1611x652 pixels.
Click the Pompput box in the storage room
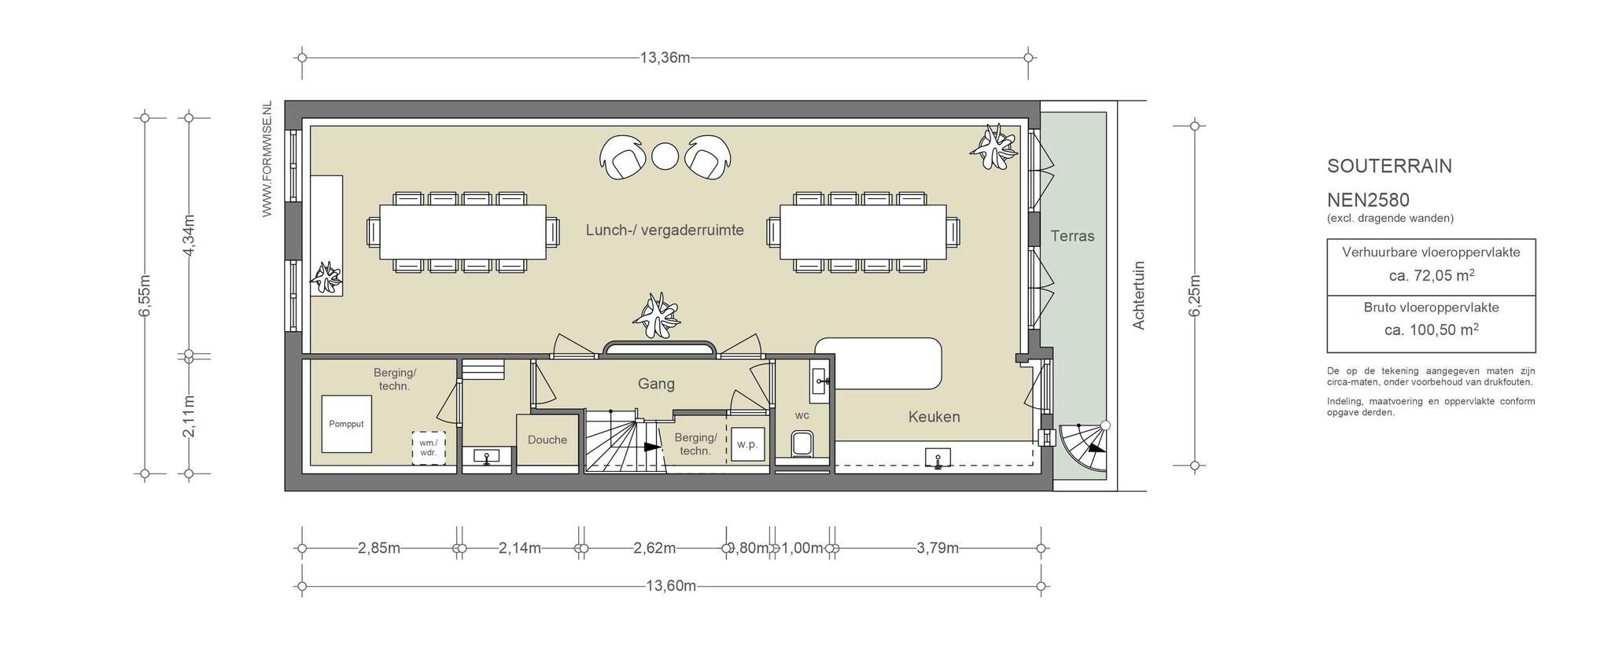[346, 424]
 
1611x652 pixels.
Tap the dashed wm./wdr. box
[429, 448]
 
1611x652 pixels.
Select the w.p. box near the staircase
[747, 444]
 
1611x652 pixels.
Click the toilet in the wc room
[802, 444]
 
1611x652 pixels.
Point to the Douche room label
[547, 440]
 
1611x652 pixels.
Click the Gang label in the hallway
[656, 384]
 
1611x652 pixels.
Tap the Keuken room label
[935, 417]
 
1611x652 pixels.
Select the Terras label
[1072, 236]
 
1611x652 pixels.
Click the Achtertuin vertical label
[1138, 295]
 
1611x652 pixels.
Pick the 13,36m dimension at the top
[665, 57]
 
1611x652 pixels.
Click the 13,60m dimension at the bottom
[671, 586]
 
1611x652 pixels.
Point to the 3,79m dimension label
[938, 548]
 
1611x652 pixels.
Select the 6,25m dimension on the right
[1194, 296]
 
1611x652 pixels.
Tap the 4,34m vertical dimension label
[188, 235]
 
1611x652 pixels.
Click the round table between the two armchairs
[665, 155]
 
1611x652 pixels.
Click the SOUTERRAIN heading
[1389, 166]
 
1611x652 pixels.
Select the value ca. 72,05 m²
[1431, 275]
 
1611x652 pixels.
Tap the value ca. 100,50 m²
[1431, 330]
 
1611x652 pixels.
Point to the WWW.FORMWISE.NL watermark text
[267, 159]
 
